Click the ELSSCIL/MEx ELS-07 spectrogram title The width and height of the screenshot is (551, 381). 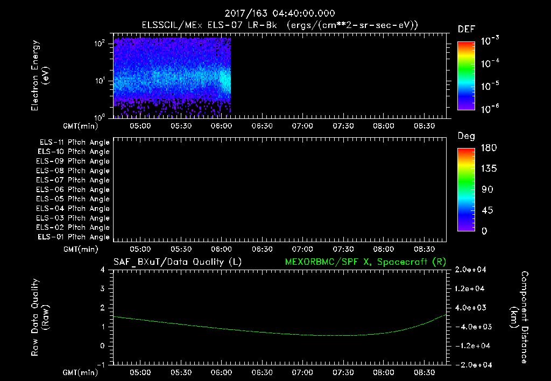(279, 25)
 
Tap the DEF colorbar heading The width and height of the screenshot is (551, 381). (466, 29)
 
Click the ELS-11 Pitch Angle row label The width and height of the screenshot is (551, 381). (73, 143)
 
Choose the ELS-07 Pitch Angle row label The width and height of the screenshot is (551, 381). (73, 180)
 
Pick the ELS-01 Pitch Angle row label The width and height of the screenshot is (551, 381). (73, 237)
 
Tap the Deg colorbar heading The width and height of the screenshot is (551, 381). (466, 136)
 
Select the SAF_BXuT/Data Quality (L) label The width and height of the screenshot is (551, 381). (177, 262)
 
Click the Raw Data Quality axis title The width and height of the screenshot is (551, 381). (40, 317)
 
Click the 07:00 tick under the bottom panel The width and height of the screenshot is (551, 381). (302, 372)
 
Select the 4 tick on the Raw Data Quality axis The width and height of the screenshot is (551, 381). (103, 270)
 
